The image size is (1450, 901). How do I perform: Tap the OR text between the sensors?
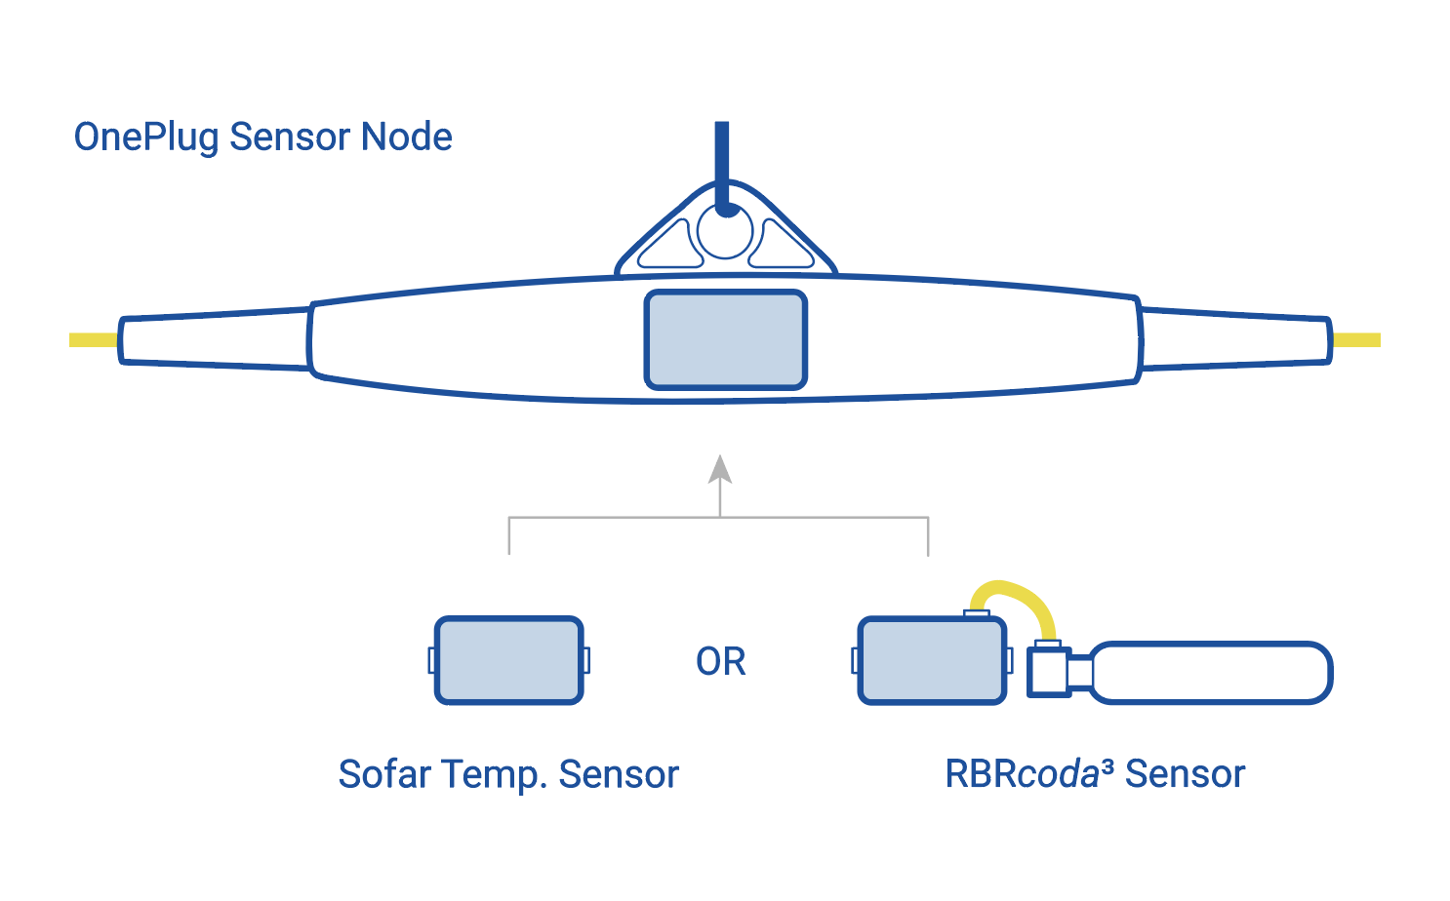[720, 662]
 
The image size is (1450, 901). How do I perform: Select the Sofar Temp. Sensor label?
[507, 774]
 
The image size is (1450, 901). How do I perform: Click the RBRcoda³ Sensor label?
[1094, 774]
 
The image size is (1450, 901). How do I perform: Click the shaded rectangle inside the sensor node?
[725, 340]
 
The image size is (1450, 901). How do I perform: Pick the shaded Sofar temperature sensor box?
[508, 660]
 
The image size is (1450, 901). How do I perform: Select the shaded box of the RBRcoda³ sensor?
[932, 660]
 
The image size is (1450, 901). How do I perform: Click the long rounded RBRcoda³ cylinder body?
[1210, 672]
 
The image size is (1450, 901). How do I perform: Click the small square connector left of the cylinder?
[1049, 671]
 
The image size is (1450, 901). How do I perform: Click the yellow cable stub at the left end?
[93, 340]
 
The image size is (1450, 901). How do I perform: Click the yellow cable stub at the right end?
[1356, 340]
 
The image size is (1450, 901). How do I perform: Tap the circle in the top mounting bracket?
[725, 234]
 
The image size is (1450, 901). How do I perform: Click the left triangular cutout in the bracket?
[671, 248]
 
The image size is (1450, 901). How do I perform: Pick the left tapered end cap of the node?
[215, 339]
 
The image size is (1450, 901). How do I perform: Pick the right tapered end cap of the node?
[1234, 339]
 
